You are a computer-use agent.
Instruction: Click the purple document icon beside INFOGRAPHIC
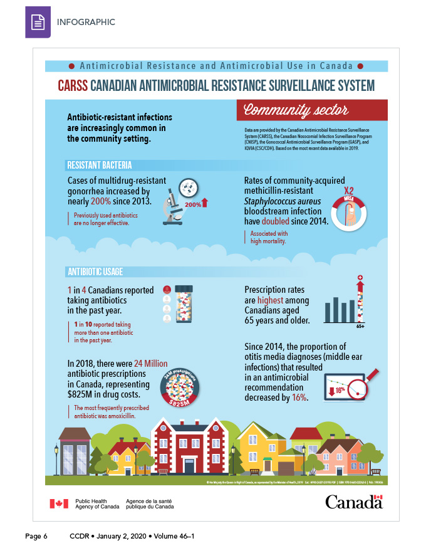point(38,23)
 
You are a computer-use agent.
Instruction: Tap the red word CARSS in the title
point(72,85)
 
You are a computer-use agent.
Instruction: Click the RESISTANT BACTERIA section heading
point(100,166)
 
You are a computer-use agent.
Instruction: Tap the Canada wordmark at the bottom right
point(353,502)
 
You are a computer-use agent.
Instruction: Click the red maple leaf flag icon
point(59,503)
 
